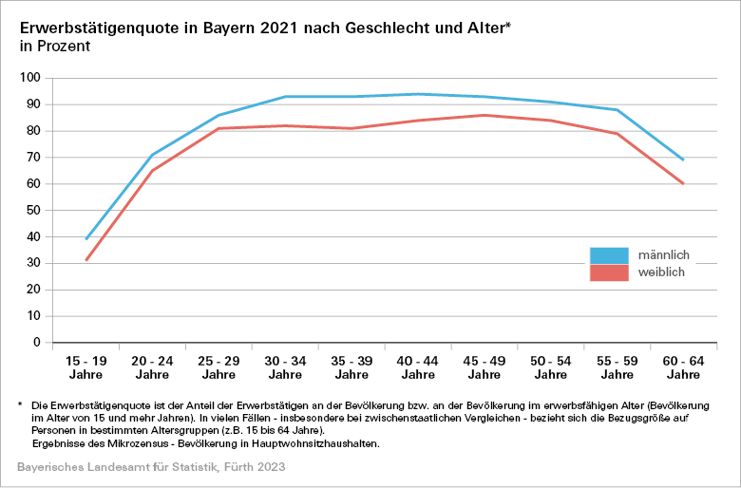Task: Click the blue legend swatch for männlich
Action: (609, 255)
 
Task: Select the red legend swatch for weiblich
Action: (609, 272)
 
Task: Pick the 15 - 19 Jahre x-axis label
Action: (85, 369)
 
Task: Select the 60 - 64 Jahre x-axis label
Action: (683, 369)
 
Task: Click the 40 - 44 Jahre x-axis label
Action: (418, 369)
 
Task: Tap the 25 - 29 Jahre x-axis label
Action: (218, 369)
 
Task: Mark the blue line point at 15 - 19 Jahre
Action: (86, 239)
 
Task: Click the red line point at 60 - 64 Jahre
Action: (683, 183)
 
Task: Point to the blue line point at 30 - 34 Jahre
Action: (285, 97)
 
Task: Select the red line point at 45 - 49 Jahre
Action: (484, 115)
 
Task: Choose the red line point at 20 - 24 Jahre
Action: (152, 171)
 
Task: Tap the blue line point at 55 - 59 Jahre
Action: (617, 110)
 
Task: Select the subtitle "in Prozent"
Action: (54, 45)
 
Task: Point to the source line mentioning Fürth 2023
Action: (151, 468)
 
